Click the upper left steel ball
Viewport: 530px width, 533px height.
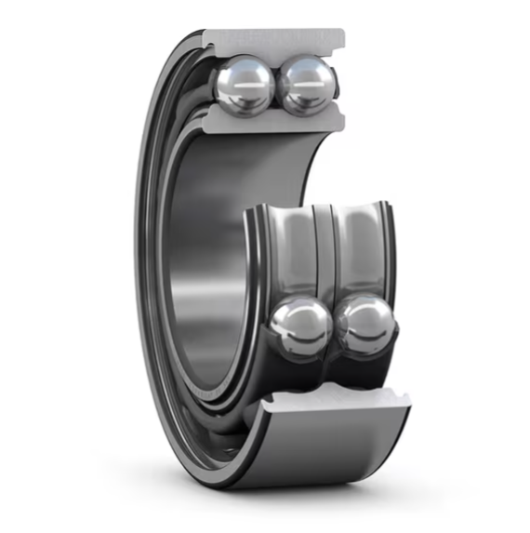(245, 85)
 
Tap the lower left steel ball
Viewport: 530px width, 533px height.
(299, 327)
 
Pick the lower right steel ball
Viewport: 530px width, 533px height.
(364, 326)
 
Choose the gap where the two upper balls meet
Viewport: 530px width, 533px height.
(276, 86)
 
